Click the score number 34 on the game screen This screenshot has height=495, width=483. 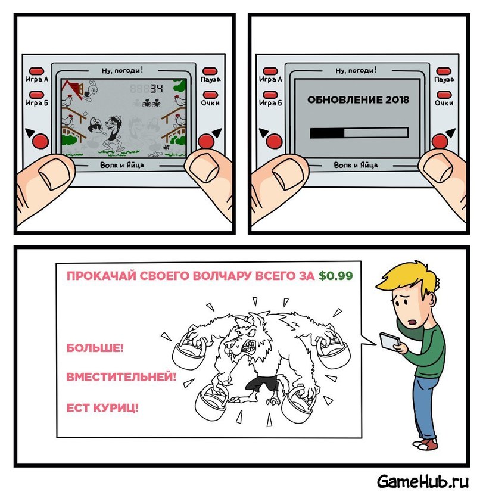[157, 89]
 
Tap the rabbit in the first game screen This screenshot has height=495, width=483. [91, 90]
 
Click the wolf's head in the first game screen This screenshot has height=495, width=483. [114, 123]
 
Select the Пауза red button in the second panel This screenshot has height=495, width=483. [443, 71]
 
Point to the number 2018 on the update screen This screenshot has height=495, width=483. [397, 99]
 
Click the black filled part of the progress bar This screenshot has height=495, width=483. [327, 133]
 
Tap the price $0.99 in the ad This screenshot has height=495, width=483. [335, 276]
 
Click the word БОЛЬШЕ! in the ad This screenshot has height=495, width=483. [95, 348]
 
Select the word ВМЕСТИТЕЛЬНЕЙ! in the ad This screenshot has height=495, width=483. [121, 376]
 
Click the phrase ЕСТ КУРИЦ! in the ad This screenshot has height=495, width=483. [102, 408]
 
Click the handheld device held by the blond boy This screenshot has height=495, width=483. [390, 341]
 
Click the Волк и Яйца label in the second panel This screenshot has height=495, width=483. [356, 165]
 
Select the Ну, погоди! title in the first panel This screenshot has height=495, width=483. [122, 70]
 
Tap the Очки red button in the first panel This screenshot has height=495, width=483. [210, 95]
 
